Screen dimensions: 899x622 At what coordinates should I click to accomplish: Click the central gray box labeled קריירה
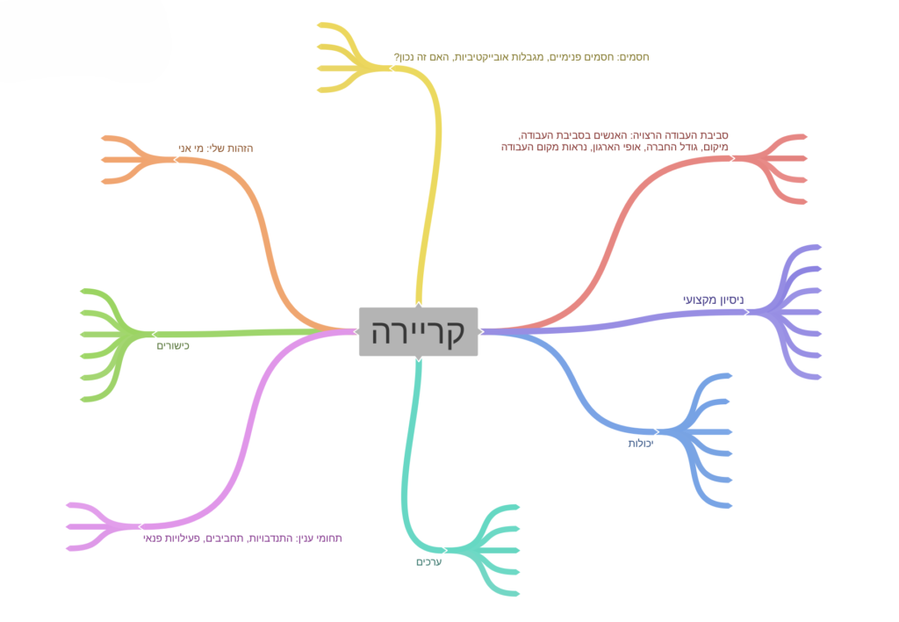coord(419,332)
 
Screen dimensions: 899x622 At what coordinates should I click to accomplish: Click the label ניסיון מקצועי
coord(713,300)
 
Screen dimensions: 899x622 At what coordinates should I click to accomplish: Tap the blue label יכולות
coord(640,443)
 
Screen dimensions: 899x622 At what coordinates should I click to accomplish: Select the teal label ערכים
coord(428,561)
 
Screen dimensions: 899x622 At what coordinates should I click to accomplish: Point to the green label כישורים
coord(173,346)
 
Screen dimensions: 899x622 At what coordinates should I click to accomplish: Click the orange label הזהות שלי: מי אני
coord(216,148)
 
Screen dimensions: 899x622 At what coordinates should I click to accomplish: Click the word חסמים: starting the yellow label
coord(633,57)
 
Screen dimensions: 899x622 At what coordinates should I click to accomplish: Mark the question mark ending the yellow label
coord(396,57)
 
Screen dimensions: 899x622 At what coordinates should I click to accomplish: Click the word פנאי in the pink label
coord(152,539)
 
